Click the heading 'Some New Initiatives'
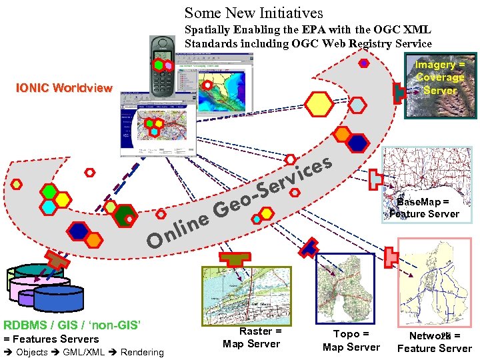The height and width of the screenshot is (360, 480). (253, 12)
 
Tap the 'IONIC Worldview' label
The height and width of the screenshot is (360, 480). (64, 88)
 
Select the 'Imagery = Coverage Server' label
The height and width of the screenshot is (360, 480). (440, 77)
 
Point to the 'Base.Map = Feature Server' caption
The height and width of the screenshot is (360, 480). (425, 207)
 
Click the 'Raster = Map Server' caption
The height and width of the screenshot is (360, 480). (251, 337)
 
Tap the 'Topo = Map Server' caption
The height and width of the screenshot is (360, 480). (351, 340)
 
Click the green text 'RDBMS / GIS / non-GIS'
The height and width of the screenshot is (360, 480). (72, 325)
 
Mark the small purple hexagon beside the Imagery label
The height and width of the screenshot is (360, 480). (364, 63)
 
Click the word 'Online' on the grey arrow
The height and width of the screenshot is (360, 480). (177, 230)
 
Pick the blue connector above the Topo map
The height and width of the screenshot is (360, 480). (307, 247)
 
